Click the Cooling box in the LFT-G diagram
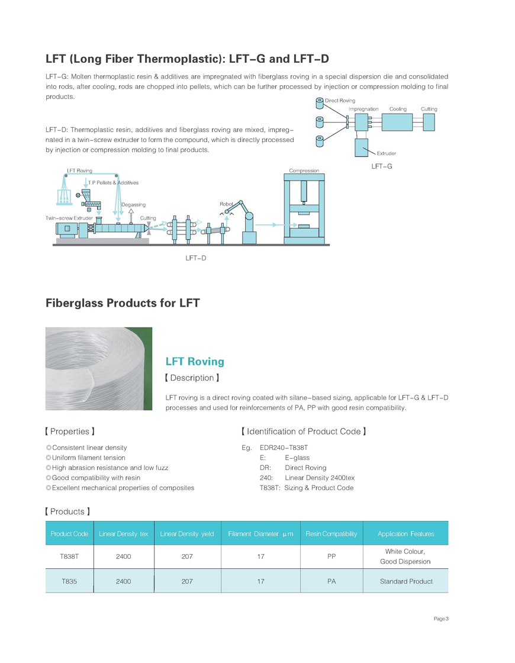click(398, 122)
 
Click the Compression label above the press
click(304, 170)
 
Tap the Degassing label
click(133, 204)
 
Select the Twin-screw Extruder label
click(69, 218)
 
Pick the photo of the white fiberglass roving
click(99, 369)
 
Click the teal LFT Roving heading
click(195, 362)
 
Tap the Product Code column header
click(69, 534)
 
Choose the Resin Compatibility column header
click(331, 534)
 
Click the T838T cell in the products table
click(69, 556)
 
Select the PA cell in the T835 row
click(331, 581)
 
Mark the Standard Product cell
click(405, 581)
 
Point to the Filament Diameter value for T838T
click(260, 556)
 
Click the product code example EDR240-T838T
click(288, 448)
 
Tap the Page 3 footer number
click(441, 619)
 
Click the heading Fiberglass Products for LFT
click(123, 304)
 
